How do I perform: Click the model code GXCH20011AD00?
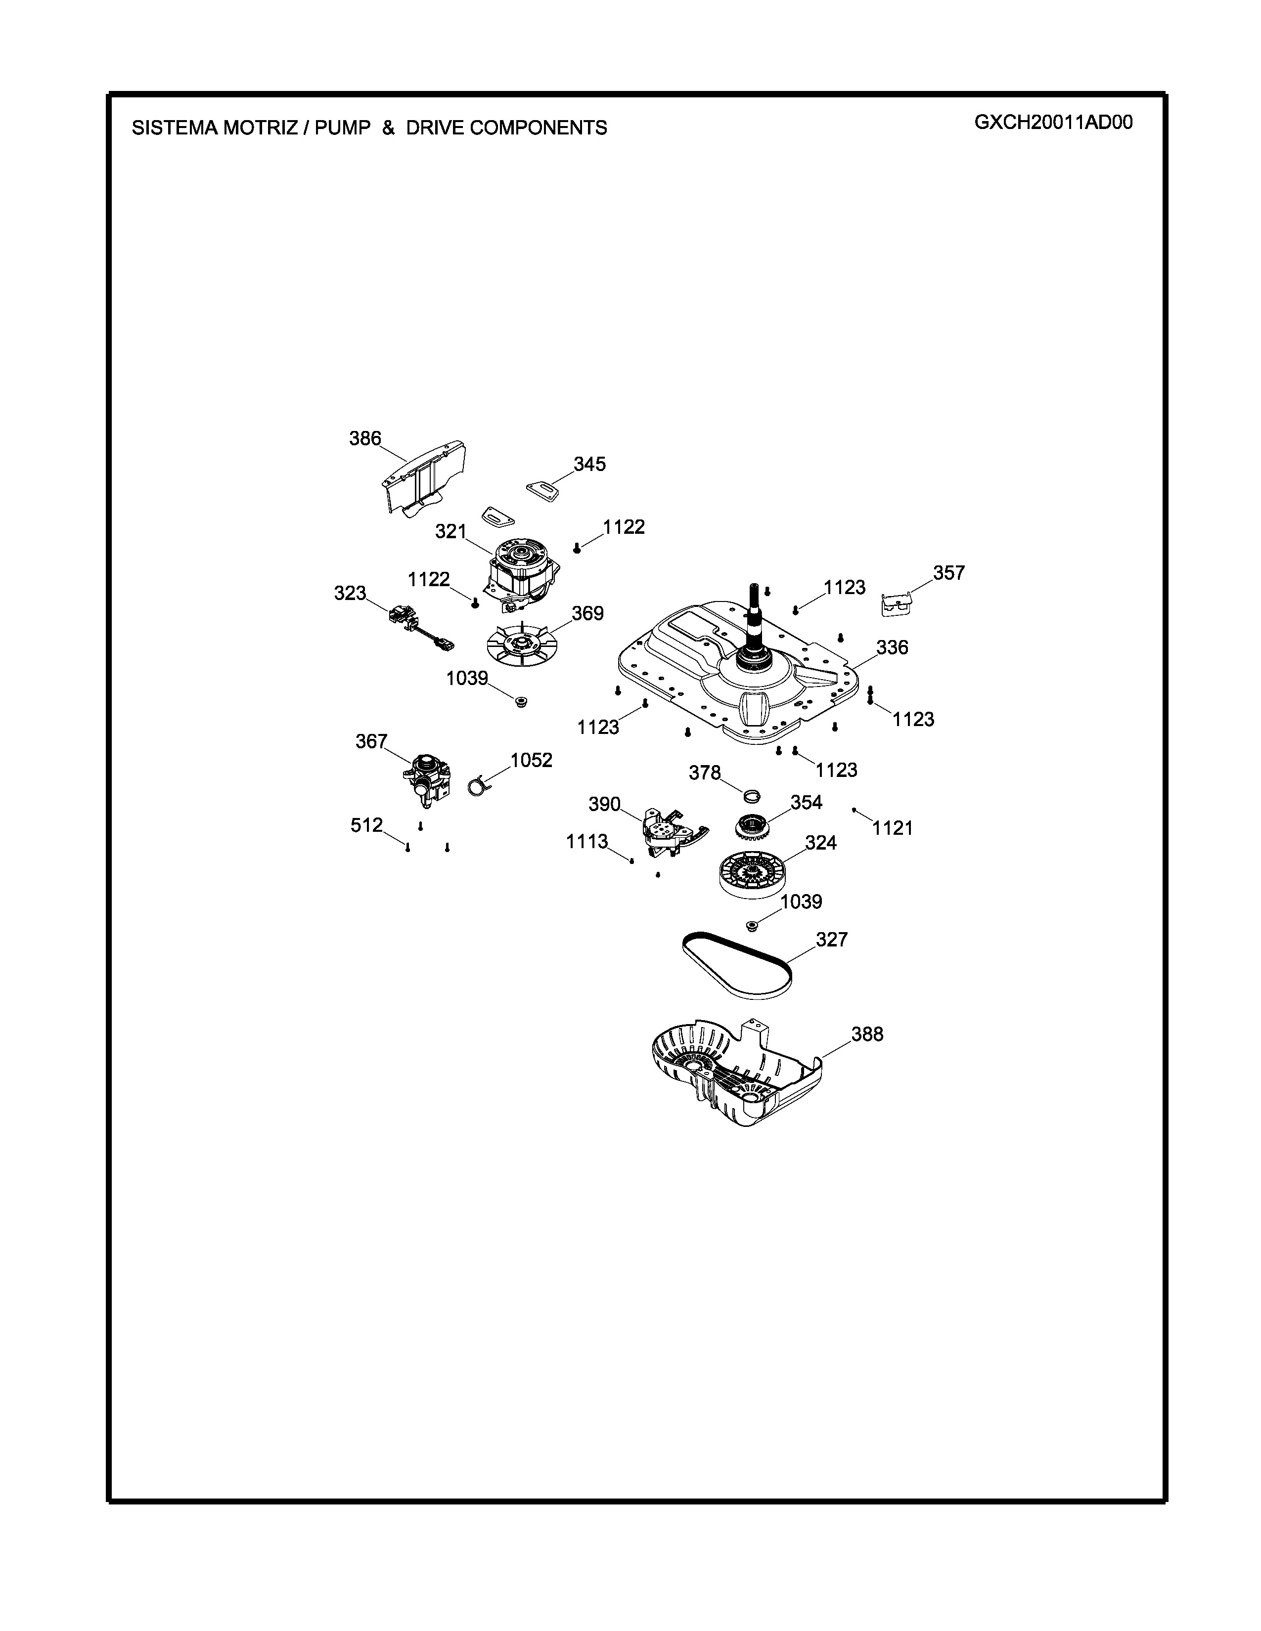[x=1053, y=123]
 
